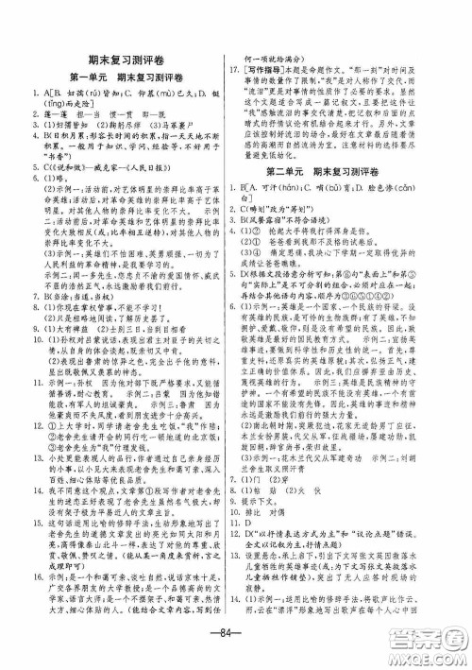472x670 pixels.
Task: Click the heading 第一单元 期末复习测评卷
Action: click(x=120, y=75)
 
